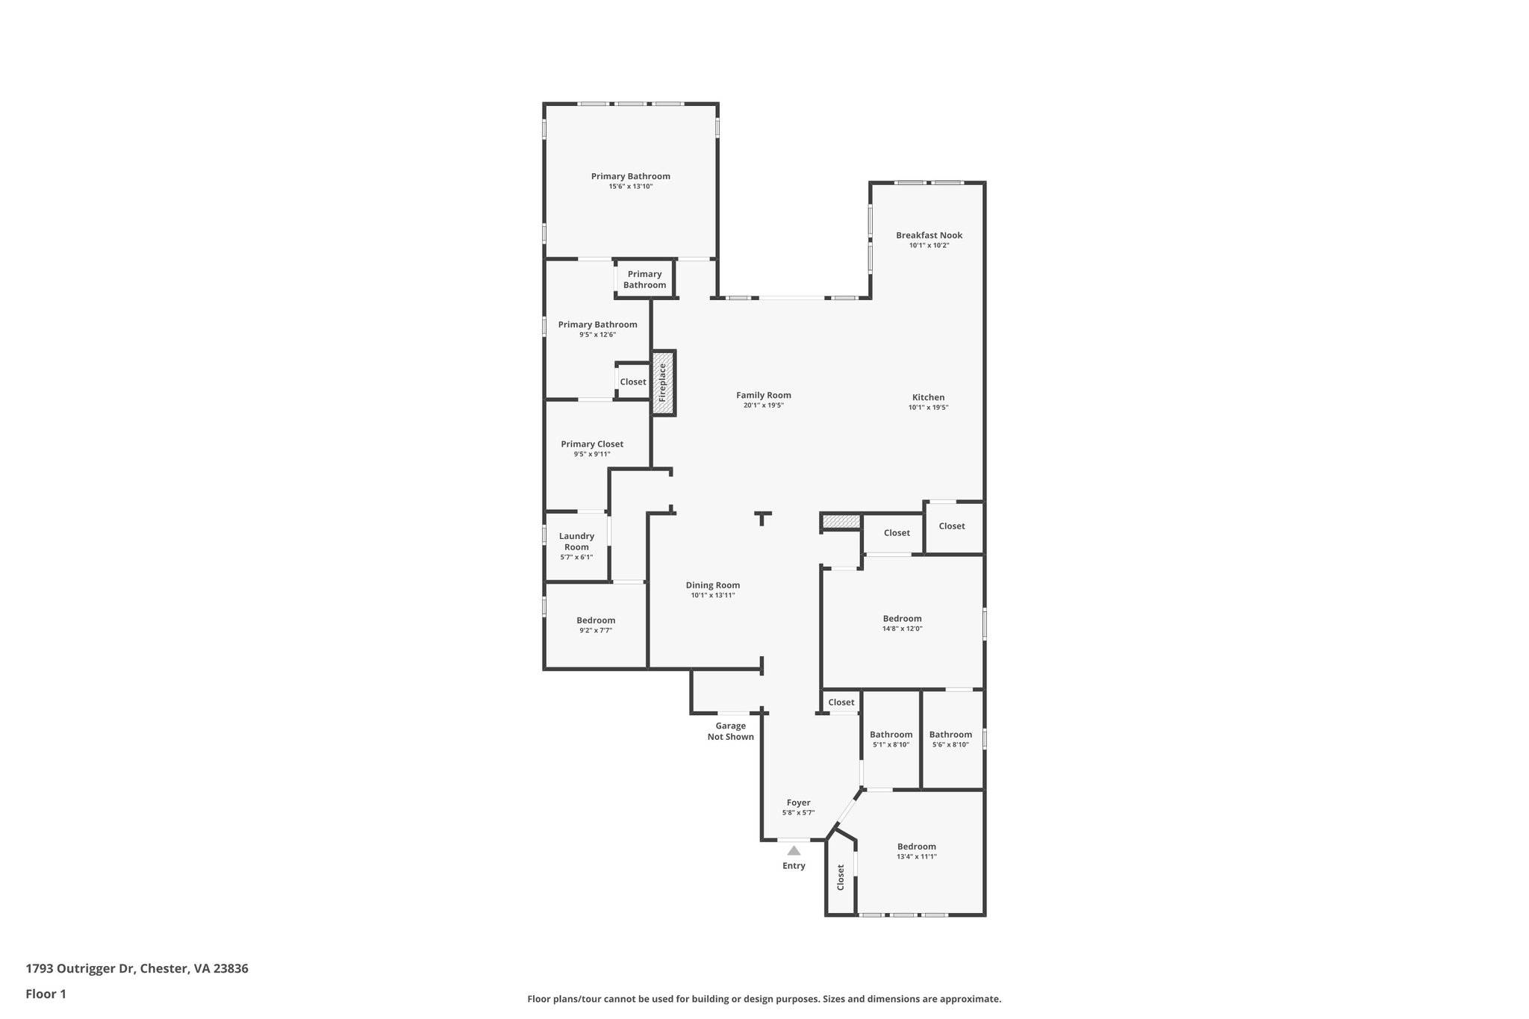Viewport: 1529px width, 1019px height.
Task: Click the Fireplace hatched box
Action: pyautogui.click(x=663, y=383)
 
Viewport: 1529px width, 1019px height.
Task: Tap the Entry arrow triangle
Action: pyautogui.click(x=794, y=850)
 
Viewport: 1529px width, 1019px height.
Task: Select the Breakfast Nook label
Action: pyautogui.click(x=929, y=235)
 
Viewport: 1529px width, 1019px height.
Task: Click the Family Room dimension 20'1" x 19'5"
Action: pyautogui.click(x=763, y=405)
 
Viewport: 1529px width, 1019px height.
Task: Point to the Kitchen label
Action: pyautogui.click(x=928, y=397)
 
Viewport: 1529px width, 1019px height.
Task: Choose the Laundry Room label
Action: pyautogui.click(x=576, y=541)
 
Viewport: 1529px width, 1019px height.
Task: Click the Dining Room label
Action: pyautogui.click(x=712, y=585)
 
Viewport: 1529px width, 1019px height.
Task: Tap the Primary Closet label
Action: pyautogui.click(x=592, y=444)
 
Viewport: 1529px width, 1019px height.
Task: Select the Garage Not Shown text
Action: pyautogui.click(x=730, y=731)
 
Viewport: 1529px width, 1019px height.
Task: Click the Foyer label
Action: pyautogui.click(x=798, y=803)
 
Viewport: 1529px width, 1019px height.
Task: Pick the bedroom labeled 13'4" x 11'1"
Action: pyautogui.click(x=916, y=847)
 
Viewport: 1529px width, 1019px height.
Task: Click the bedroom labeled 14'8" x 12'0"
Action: pyautogui.click(x=902, y=619)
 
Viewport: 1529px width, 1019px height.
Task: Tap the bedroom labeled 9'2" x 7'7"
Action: pyautogui.click(x=596, y=620)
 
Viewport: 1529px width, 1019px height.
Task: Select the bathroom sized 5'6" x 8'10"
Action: pyautogui.click(x=950, y=735)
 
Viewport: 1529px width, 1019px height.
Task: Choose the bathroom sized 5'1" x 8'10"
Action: pyautogui.click(x=891, y=735)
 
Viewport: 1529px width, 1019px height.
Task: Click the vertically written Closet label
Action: pyautogui.click(x=841, y=877)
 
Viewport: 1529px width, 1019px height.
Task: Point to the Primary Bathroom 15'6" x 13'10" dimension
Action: pyautogui.click(x=630, y=187)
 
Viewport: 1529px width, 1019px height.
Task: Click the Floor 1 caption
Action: pyautogui.click(x=46, y=994)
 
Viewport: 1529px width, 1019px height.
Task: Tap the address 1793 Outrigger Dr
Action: pyautogui.click(x=137, y=969)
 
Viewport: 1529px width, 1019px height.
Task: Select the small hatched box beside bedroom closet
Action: pyautogui.click(x=841, y=521)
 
